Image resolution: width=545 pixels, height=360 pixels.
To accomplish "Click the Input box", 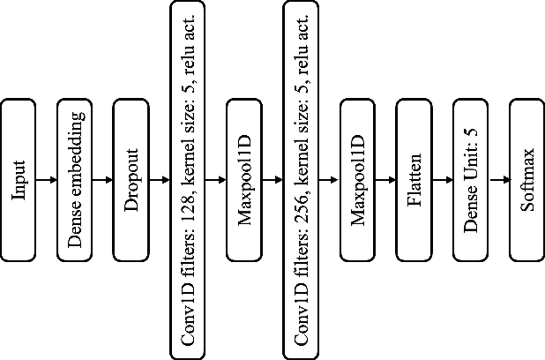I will point(19,180).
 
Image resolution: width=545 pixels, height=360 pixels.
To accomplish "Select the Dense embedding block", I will point(75,180).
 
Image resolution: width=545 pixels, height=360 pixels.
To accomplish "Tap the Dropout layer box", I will point(131,180).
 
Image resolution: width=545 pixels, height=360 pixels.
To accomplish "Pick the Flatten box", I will point(414,180).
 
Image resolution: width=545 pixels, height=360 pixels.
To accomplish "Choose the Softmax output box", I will point(526,180).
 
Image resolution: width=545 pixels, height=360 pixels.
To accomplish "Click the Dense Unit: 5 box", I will point(471,180).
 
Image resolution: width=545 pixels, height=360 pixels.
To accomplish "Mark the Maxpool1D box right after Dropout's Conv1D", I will point(245,180).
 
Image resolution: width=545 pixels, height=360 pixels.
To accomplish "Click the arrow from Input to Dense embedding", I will point(47,180).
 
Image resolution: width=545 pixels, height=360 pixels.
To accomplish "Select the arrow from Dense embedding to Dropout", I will point(103,180).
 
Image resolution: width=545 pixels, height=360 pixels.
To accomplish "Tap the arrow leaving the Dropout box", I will point(160,180).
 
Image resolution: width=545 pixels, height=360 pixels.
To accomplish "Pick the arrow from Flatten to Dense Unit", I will point(443,180).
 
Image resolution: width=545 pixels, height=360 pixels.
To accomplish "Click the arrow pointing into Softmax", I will point(499,180).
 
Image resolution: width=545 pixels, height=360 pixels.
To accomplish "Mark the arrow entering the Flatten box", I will point(386,180).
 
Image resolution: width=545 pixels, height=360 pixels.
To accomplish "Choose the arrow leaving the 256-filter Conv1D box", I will point(330,180).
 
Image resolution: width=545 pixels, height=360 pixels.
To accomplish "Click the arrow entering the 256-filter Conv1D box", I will point(273,180).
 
